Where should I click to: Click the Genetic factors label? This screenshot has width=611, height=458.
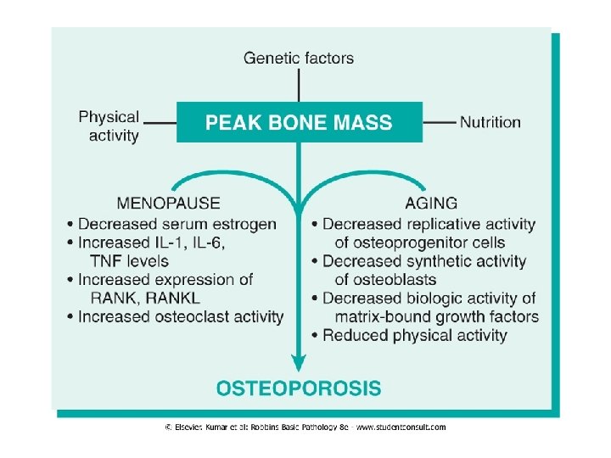(x=299, y=59)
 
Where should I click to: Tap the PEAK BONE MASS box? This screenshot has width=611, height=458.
(x=299, y=122)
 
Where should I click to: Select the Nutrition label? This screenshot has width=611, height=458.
(x=490, y=122)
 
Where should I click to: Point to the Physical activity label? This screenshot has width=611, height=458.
(x=109, y=126)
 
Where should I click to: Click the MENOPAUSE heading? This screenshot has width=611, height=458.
(x=168, y=204)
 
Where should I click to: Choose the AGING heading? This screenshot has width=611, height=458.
(x=431, y=204)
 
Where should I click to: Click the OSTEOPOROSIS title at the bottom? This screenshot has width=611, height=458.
(x=299, y=389)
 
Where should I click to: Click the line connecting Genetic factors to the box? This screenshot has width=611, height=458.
(x=299, y=85)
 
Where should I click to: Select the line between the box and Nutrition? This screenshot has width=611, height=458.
(x=439, y=122)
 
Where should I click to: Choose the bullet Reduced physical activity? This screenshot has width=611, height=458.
(x=414, y=336)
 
